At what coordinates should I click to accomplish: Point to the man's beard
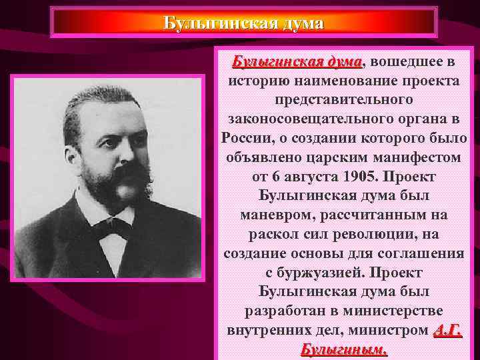click(120, 190)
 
